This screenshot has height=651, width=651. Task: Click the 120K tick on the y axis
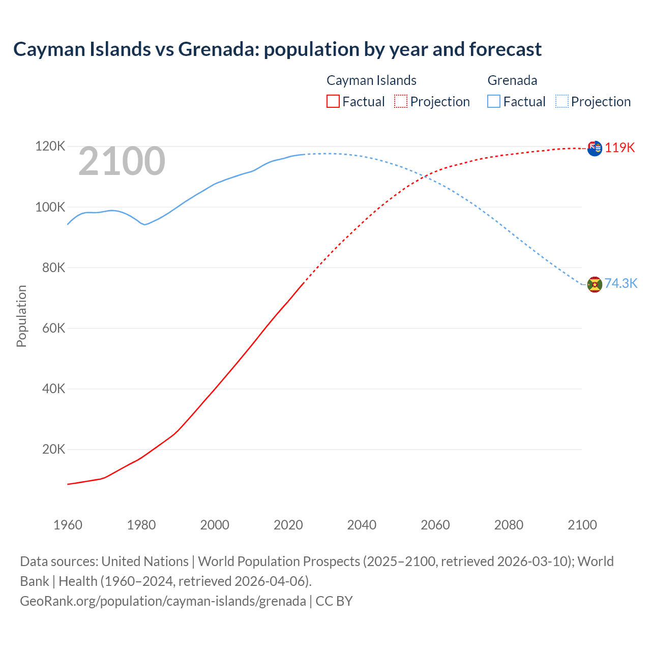[50, 146]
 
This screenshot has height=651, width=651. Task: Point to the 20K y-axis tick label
[53, 449]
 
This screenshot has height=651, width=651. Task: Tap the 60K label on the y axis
[53, 328]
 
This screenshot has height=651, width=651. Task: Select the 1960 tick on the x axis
[68, 525]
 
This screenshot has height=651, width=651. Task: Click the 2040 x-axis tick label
[362, 525]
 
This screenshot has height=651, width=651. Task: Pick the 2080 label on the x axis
[509, 525]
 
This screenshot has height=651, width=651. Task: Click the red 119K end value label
[619, 148]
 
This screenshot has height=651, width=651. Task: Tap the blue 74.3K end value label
[620, 284]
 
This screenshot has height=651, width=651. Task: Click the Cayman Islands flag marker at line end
[595, 149]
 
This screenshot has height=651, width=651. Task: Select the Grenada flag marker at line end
[595, 285]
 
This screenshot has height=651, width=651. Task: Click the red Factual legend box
[333, 101]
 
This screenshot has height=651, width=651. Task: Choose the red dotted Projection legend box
[401, 101]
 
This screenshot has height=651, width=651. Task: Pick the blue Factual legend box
[494, 101]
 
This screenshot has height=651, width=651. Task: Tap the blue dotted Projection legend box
[561, 101]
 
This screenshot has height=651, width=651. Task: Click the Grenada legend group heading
[512, 80]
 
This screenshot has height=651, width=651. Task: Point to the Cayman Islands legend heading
[371, 80]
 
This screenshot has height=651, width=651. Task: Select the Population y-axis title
[21, 316]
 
